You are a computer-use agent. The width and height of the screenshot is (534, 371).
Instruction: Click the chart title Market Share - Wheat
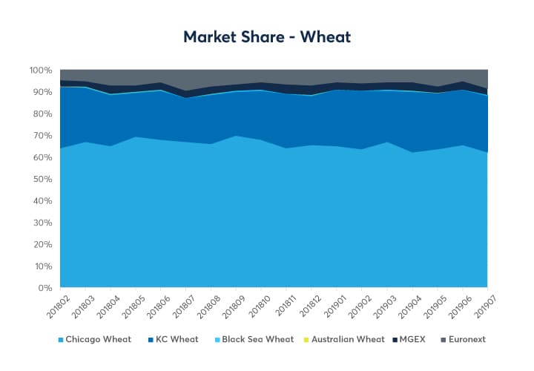click(267, 36)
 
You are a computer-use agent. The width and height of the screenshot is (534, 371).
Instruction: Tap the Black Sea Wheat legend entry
click(259, 339)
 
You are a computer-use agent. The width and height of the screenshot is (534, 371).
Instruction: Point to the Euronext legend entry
click(465, 339)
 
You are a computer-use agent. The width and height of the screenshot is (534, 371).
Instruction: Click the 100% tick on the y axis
click(40, 70)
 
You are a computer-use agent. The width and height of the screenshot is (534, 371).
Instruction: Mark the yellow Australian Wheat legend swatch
click(309, 339)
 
